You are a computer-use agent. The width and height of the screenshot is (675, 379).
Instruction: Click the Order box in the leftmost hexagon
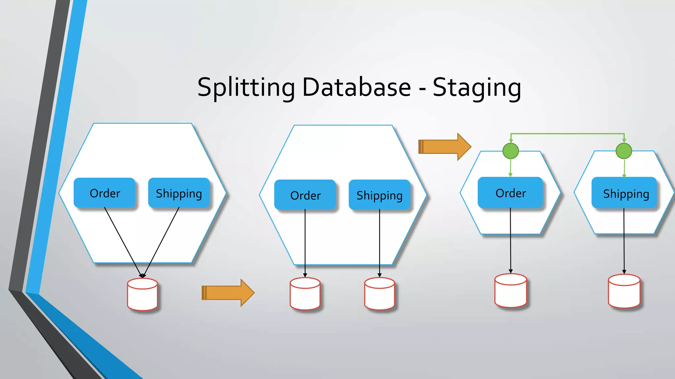tap(105, 193)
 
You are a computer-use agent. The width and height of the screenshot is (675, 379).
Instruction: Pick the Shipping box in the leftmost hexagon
tap(179, 193)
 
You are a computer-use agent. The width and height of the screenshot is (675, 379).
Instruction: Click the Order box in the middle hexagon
tap(305, 195)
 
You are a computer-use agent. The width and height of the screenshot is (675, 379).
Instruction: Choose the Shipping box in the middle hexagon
tap(379, 195)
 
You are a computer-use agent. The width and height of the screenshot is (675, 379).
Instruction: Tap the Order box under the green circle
tap(511, 193)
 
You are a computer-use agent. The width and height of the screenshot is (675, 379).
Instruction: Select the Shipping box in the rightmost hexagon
tap(626, 193)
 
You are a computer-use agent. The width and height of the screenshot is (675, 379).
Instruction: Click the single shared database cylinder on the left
tap(142, 294)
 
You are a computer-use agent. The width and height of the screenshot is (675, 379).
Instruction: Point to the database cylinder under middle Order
tap(305, 294)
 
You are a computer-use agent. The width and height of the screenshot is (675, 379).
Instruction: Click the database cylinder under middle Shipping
tap(379, 294)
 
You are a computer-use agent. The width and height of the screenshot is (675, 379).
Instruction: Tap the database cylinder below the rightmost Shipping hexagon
tap(624, 291)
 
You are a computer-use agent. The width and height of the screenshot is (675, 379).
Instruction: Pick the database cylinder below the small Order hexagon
tap(511, 291)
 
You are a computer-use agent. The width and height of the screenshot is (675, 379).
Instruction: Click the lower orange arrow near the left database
tap(227, 293)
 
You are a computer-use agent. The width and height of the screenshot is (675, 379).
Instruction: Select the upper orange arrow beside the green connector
tap(444, 147)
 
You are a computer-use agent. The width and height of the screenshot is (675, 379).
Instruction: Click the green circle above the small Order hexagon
tap(511, 151)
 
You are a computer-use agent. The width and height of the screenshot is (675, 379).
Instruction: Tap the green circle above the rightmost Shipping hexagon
tap(624, 151)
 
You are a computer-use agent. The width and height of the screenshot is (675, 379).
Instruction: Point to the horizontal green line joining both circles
tap(567, 134)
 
